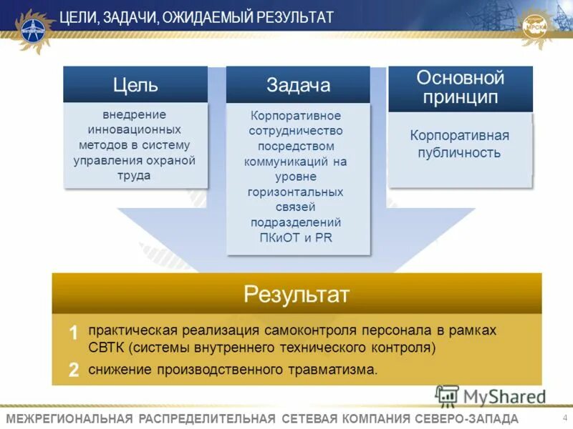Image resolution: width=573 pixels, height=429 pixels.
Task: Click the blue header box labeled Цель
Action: coord(135,84)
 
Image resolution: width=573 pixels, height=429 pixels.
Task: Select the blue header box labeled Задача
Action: coord(298,85)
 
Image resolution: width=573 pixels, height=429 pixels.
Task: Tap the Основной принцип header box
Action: coord(460,88)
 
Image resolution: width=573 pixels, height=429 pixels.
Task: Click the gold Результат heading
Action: coord(297,294)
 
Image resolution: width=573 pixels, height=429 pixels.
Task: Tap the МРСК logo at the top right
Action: coord(541,26)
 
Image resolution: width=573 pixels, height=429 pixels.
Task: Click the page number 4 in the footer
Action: coord(565,418)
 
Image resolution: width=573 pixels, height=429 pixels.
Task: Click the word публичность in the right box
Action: coord(460,152)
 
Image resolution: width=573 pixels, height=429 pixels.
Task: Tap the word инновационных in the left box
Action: coord(135,130)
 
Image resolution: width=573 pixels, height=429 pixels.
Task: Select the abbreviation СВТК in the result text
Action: coord(106,348)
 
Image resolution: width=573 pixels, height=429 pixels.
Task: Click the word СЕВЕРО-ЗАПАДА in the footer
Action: coord(466,418)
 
